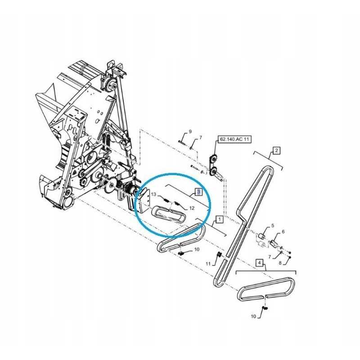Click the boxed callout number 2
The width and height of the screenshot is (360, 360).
pos(276,150)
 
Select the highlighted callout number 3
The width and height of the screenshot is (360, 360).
pos(198,192)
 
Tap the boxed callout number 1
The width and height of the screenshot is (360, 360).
pos(218,220)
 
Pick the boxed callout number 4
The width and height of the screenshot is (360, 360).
pos(259,262)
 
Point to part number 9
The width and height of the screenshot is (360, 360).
pos(190,131)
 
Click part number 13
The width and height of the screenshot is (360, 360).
pos(153,194)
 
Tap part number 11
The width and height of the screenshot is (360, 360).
pos(208,264)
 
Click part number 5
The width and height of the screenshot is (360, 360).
pos(272,226)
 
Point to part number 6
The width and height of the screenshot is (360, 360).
pos(283,232)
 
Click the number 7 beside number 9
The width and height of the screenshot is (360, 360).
pos(200,138)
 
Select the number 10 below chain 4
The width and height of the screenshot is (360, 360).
pos(253,316)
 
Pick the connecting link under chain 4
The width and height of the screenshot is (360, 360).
pos(265,309)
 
